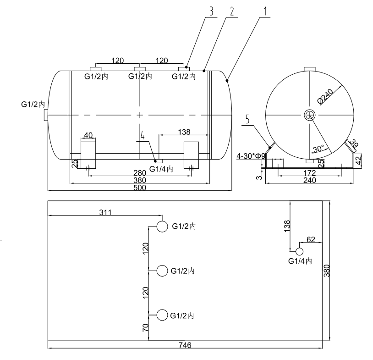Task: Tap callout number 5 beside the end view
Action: click(x=247, y=121)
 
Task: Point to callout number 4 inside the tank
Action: click(x=143, y=136)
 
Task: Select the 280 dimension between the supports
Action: click(x=139, y=172)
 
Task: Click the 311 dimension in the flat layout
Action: click(x=105, y=212)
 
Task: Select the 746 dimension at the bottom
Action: click(x=186, y=345)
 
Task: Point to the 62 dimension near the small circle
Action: click(x=311, y=239)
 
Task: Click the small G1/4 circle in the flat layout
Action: click(x=299, y=251)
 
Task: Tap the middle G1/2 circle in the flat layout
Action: click(x=162, y=271)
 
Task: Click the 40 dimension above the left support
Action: click(x=88, y=135)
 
